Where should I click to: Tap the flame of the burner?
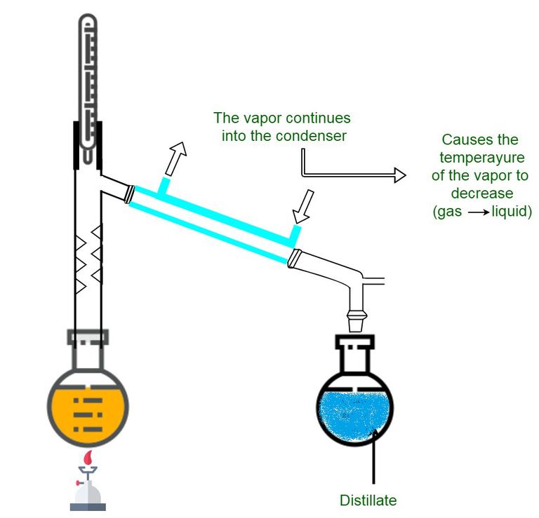[88, 458]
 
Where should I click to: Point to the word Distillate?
[368, 500]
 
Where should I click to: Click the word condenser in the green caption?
[314, 136]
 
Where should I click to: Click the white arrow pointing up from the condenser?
[175, 157]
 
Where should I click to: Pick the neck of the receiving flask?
[355, 358]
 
